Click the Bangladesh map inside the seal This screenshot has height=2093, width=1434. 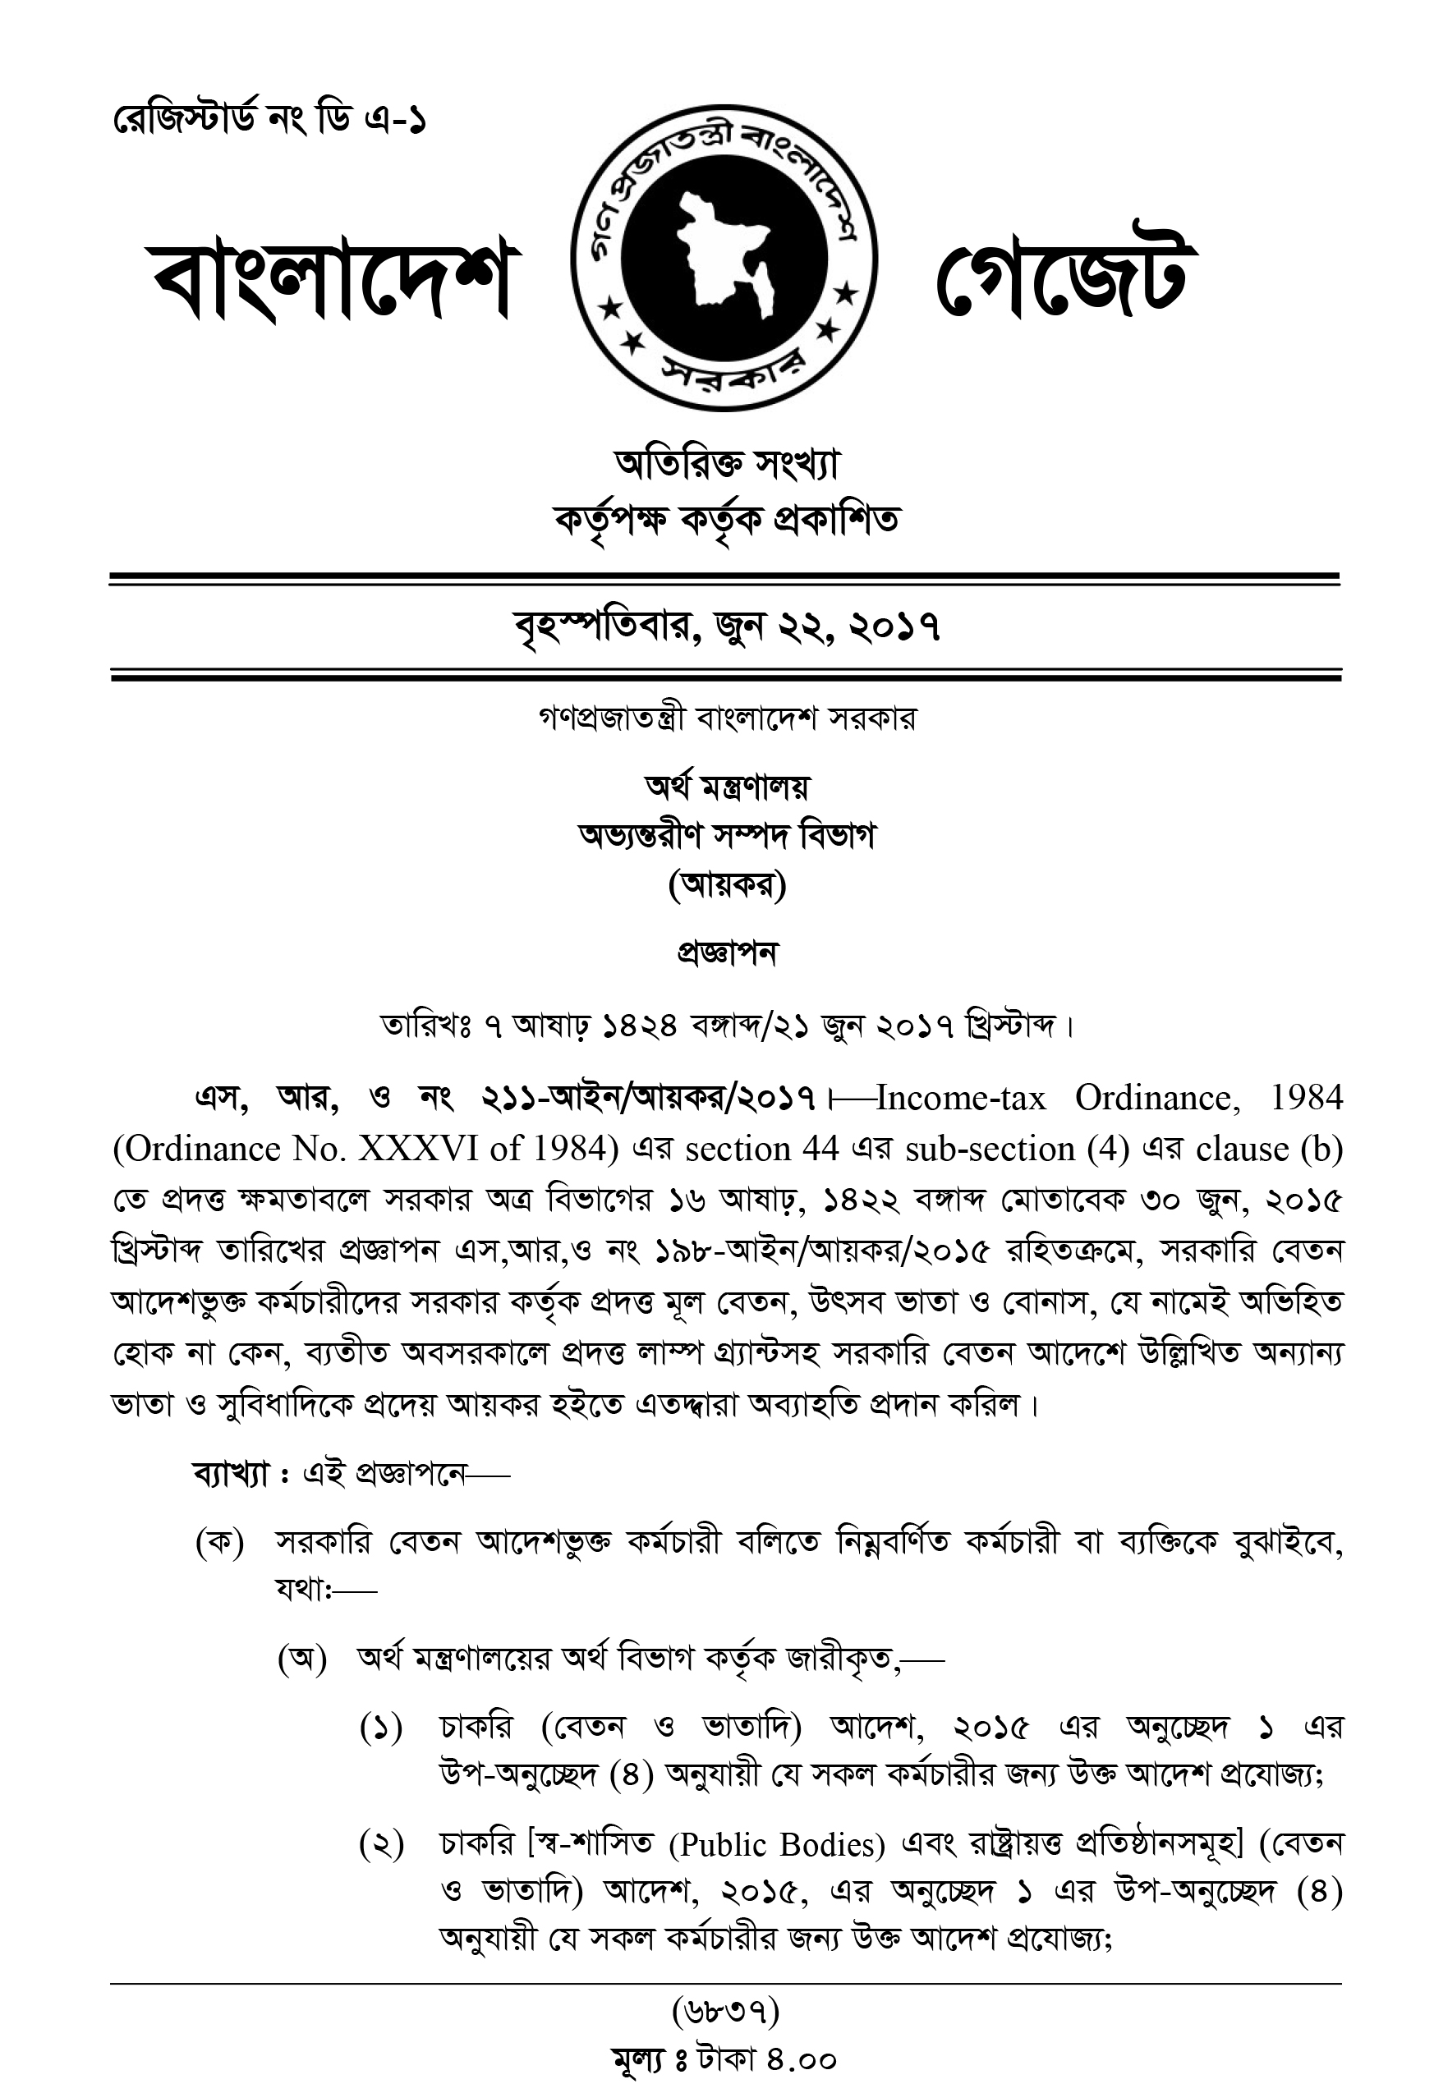pyautogui.click(x=725, y=255)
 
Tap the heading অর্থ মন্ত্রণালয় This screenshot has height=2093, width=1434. pyautogui.click(x=726, y=787)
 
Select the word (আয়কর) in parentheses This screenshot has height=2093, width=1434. pyautogui.click(x=726, y=887)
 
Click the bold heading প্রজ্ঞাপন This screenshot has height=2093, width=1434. pyautogui.click(x=726, y=952)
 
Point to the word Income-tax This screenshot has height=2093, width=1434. pyautogui.click(x=960, y=1098)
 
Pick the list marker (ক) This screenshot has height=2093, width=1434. pyautogui.click(x=220, y=1543)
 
